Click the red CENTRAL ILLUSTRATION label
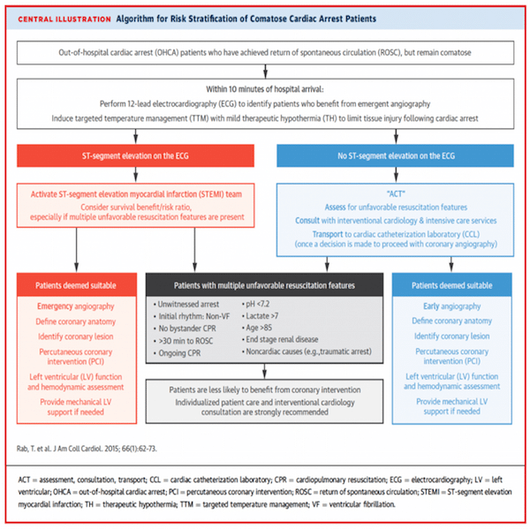pyautogui.click(x=64, y=19)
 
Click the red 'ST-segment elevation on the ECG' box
pyautogui.click(x=135, y=155)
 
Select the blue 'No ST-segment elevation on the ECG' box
pyautogui.click(x=395, y=155)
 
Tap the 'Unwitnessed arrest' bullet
pyautogui.click(x=186, y=304)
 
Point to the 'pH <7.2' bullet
pyautogui.click(x=255, y=304)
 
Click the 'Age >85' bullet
pyautogui.click(x=257, y=328)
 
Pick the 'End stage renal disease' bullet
pyautogui.click(x=280, y=339)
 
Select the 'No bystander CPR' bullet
pyautogui.click(x=185, y=329)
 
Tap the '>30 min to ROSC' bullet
pyautogui.click(x=183, y=341)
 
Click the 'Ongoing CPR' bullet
pyautogui.click(x=178, y=353)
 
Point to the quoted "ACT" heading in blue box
pyautogui.click(x=396, y=194)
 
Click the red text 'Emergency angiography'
pyautogui.click(x=76, y=306)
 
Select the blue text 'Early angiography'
pyautogui.click(x=452, y=306)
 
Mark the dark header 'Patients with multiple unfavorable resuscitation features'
pyautogui.click(x=264, y=285)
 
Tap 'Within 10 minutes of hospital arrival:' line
pyautogui.click(x=265, y=89)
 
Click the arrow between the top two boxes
pyautogui.click(x=265, y=72)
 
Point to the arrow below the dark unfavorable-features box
pyautogui.click(x=265, y=371)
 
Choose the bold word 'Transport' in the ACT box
pyautogui.click(x=328, y=234)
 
